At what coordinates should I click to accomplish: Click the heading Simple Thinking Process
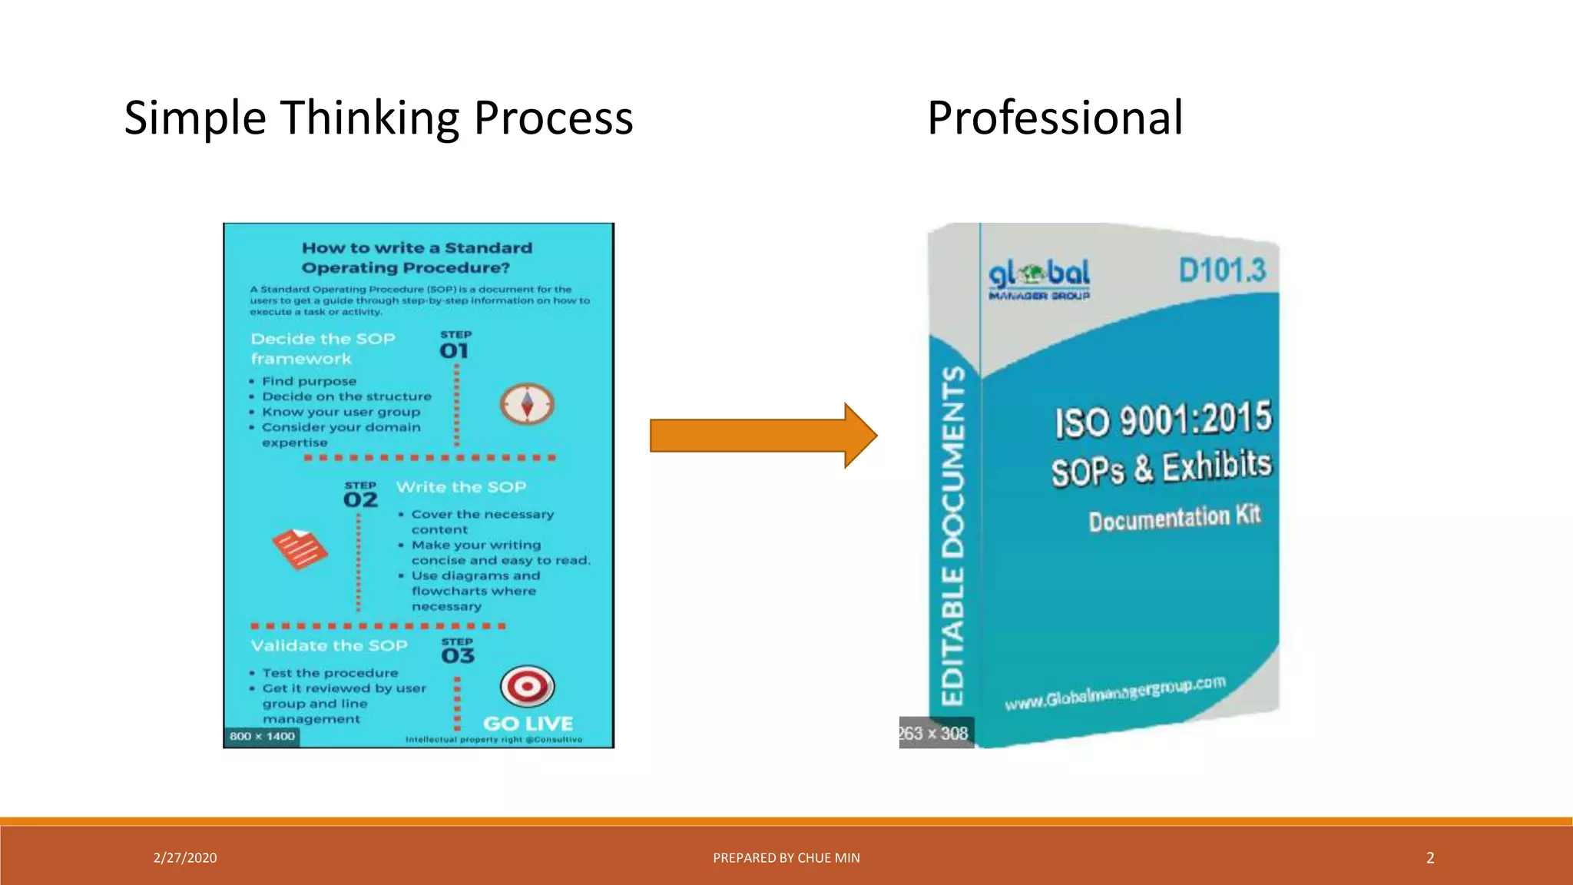pyautogui.click(x=379, y=118)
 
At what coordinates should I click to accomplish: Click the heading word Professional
pyautogui.click(x=1055, y=118)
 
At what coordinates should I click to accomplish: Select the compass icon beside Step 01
pyautogui.click(x=527, y=404)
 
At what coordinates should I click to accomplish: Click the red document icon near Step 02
pyautogui.click(x=300, y=549)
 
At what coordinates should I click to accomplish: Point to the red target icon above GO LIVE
pyautogui.click(x=527, y=685)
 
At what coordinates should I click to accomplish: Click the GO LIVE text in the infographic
pyautogui.click(x=528, y=724)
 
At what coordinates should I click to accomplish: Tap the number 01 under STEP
pyautogui.click(x=454, y=351)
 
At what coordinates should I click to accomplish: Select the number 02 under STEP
pyautogui.click(x=360, y=500)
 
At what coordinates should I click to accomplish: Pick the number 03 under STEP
pyautogui.click(x=458, y=655)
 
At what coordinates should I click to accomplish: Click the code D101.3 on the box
pyautogui.click(x=1222, y=270)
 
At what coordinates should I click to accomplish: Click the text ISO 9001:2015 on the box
pyautogui.click(x=1163, y=420)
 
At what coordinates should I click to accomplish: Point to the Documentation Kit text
pyautogui.click(x=1174, y=519)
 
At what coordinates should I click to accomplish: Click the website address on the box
pyautogui.click(x=1115, y=693)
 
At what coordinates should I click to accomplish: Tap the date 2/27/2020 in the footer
pyautogui.click(x=185, y=858)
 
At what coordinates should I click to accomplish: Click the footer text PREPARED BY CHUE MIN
pyautogui.click(x=786, y=858)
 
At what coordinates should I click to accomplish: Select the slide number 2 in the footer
pyautogui.click(x=1430, y=858)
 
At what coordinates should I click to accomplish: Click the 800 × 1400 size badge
pyautogui.click(x=262, y=737)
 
